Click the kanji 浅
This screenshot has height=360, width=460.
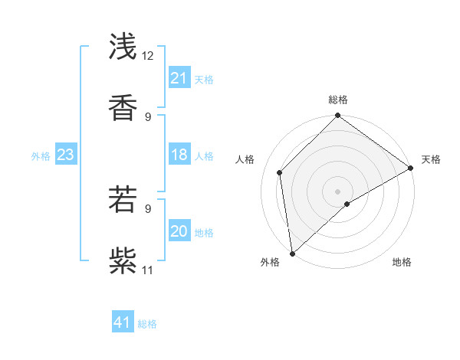pyautogui.click(x=124, y=47)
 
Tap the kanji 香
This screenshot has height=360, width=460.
pyautogui.click(x=124, y=107)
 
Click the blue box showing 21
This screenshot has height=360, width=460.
pyautogui.click(x=179, y=78)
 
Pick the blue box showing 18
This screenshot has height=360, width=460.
pyautogui.click(x=179, y=155)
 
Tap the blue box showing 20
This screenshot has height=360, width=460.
pyautogui.click(x=179, y=231)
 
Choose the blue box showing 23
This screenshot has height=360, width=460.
pyautogui.click(x=65, y=155)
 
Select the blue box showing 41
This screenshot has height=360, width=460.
pyautogui.click(x=123, y=322)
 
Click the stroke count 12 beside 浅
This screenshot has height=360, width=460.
pyautogui.click(x=148, y=56)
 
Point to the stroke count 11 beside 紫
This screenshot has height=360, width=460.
pyautogui.click(x=148, y=270)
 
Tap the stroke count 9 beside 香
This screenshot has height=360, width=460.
pyautogui.click(x=148, y=116)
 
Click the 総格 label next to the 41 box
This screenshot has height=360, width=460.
pyautogui.click(x=147, y=324)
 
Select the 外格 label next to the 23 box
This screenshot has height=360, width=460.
pyautogui.click(x=41, y=156)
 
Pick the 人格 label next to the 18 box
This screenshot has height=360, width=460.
pyautogui.click(x=204, y=156)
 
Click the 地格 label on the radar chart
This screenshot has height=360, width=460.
pyautogui.click(x=402, y=262)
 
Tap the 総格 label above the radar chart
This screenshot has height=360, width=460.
pyautogui.click(x=338, y=100)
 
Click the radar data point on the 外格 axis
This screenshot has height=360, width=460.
pyautogui.click(x=292, y=253)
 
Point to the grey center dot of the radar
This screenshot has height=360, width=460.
pyautogui.click(x=338, y=191)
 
